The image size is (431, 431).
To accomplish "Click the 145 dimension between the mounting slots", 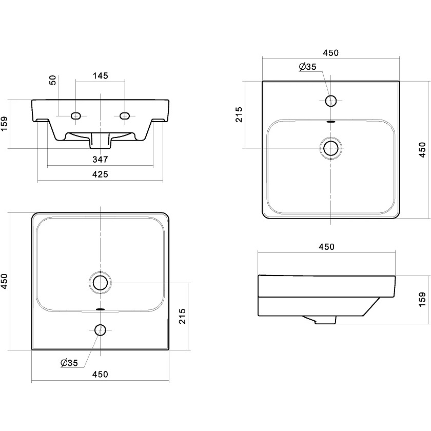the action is (x=101, y=75).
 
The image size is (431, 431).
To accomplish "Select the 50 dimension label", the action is (x=52, y=80).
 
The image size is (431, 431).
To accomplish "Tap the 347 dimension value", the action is (x=101, y=159).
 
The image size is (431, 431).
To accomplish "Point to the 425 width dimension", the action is (x=101, y=174).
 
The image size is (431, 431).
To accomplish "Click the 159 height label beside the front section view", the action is (x=5, y=124).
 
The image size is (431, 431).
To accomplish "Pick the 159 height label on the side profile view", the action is (x=422, y=299).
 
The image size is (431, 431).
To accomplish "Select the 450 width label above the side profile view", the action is (x=326, y=247).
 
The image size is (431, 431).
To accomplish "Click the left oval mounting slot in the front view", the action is (x=76, y=116).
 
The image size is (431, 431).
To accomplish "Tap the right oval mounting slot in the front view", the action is (x=125, y=116).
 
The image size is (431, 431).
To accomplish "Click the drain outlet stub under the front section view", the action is (x=100, y=140).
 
